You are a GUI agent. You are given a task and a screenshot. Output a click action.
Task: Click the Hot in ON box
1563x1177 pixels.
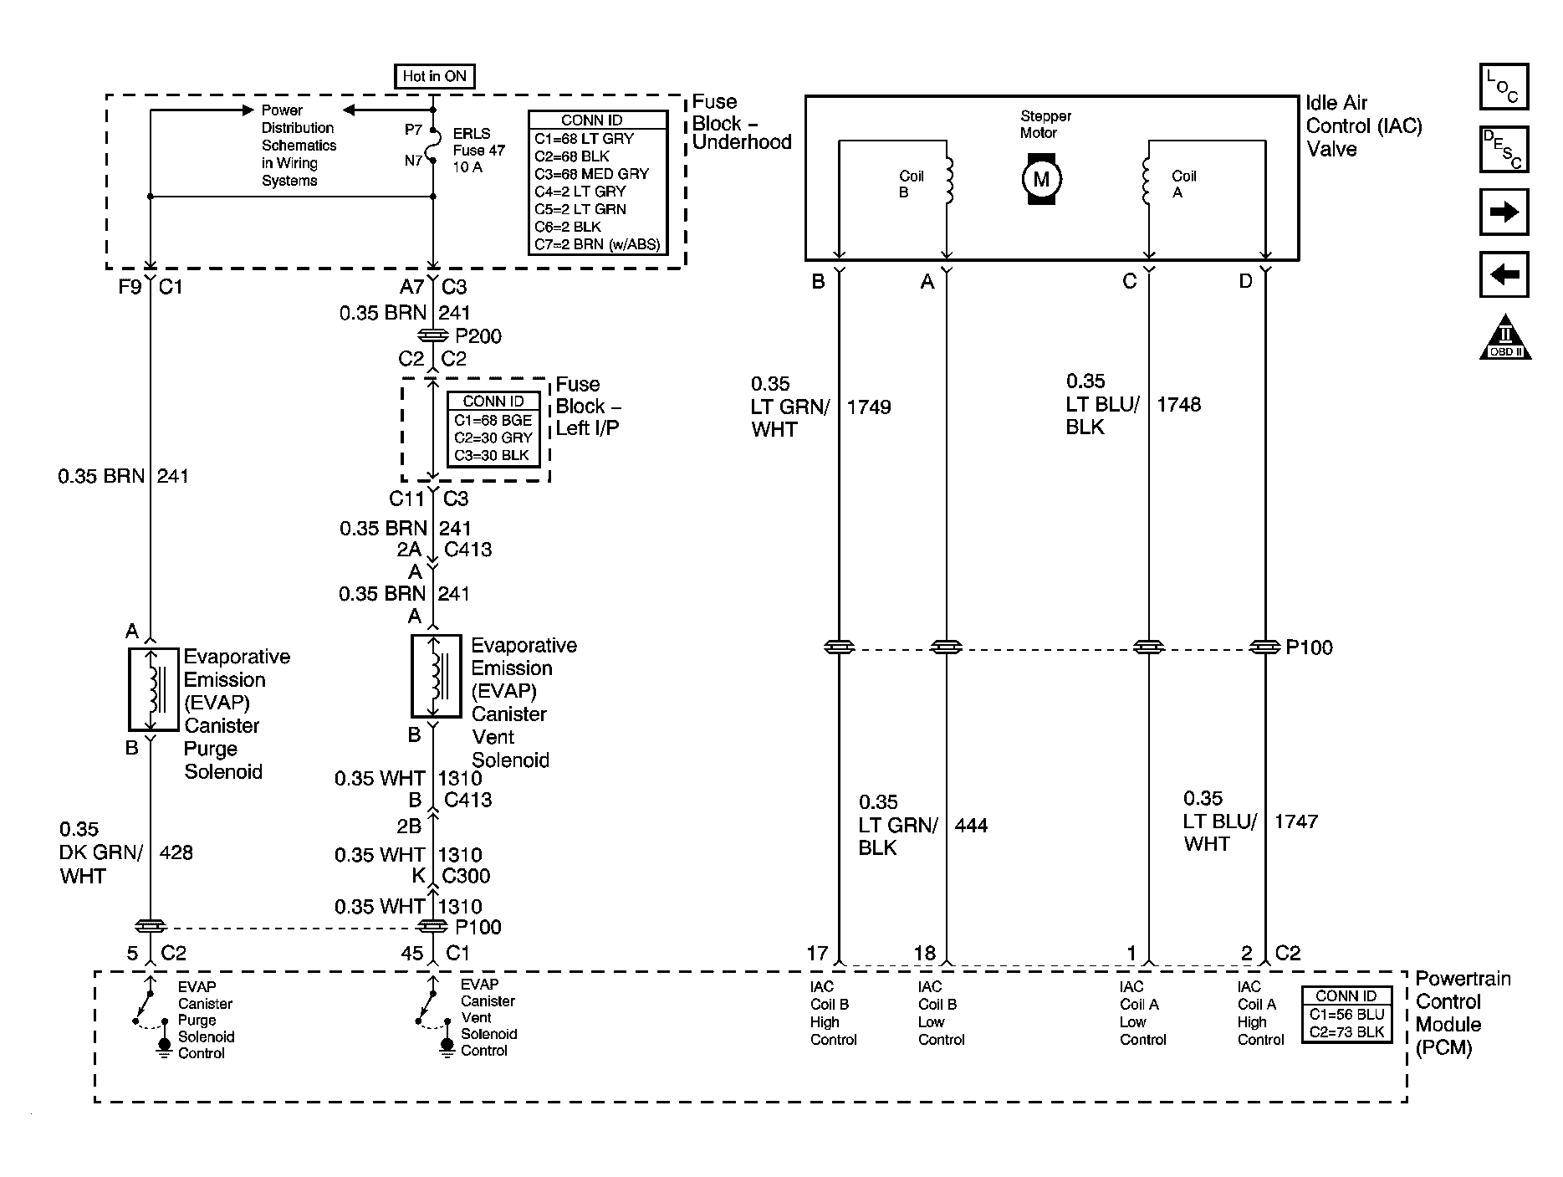pos(434,76)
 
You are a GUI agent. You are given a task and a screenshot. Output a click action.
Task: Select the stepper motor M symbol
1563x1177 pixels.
pos(1041,178)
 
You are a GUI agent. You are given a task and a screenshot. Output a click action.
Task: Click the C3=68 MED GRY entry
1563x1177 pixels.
pos(592,174)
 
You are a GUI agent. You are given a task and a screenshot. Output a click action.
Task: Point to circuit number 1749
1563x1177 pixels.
pos(869,407)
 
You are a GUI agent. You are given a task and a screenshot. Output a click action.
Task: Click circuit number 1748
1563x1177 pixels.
pos(1178,405)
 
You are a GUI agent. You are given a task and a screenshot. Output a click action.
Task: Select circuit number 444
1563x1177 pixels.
pos(971,826)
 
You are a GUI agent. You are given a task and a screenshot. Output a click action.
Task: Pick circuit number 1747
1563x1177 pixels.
pos(1296,821)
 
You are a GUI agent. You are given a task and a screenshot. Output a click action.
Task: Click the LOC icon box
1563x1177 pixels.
pos(1504,87)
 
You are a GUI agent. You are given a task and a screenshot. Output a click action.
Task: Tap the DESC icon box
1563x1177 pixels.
pos(1504,150)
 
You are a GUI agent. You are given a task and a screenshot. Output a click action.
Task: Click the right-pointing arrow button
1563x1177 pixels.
pos(1504,212)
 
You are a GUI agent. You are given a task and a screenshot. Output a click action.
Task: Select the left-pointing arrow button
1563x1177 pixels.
pos(1504,274)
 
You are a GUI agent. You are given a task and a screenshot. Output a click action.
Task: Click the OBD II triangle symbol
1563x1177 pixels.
pos(1505,338)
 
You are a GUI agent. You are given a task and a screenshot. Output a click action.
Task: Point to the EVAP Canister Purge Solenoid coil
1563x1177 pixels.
pos(153,689)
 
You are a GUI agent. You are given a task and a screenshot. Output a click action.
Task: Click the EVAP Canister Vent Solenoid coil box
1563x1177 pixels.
pos(436,677)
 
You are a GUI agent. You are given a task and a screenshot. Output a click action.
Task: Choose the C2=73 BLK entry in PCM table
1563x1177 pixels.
pos(1346,1031)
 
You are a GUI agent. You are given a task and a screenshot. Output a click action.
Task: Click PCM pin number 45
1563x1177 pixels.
pos(412,953)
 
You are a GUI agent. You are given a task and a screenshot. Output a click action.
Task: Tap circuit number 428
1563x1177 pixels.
pos(176,852)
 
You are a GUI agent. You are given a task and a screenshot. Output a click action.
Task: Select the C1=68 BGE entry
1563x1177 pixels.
pos(493,420)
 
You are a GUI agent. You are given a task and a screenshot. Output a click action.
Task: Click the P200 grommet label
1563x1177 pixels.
pos(478,336)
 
